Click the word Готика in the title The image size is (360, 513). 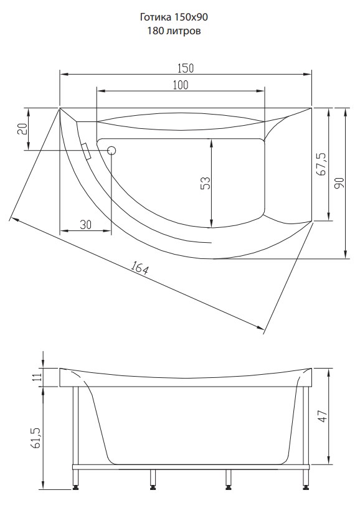[154, 17]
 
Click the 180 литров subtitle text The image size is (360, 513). [174, 31]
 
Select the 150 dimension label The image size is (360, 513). [186, 68]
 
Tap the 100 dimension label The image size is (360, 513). [181, 85]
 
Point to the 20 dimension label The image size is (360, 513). [22, 129]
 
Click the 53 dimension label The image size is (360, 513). [206, 183]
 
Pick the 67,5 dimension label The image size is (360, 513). [322, 164]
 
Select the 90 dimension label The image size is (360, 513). [339, 183]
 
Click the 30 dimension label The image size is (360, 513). [85, 224]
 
